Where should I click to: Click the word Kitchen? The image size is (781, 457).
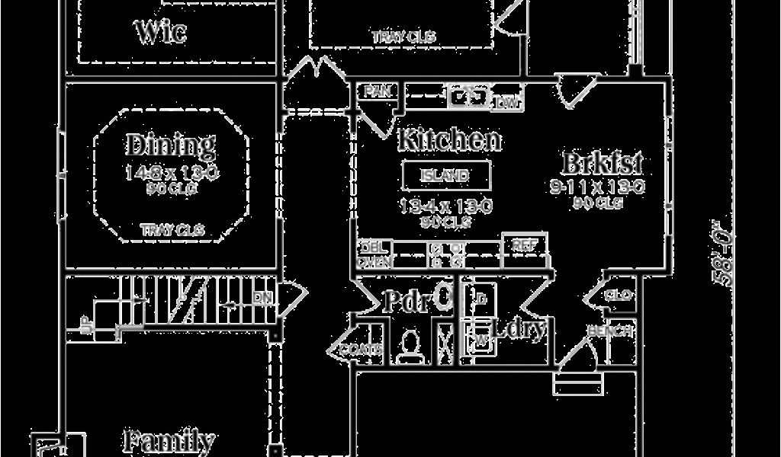pyautogui.click(x=450, y=139)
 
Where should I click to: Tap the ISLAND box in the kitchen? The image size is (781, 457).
pyautogui.click(x=446, y=176)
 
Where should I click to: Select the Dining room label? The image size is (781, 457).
pyautogui.click(x=170, y=144)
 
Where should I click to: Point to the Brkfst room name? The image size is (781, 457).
pyautogui.click(x=603, y=162)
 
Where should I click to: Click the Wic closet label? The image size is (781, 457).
pyautogui.click(x=161, y=32)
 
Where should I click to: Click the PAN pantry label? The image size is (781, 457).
pyautogui.click(x=377, y=91)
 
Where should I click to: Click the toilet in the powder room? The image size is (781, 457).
pyautogui.click(x=410, y=344)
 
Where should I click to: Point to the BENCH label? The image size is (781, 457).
pyautogui.click(x=609, y=331)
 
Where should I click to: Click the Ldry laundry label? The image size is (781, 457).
pyautogui.click(x=520, y=329)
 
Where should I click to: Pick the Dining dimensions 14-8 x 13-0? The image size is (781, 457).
pyautogui.click(x=172, y=173)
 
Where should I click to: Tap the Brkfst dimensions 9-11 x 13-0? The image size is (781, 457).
pyautogui.click(x=597, y=187)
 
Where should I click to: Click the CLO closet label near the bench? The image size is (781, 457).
pyautogui.click(x=618, y=295)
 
